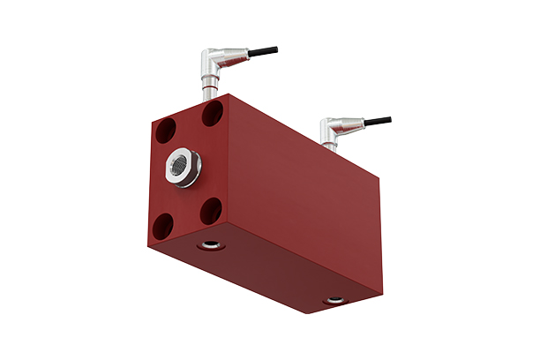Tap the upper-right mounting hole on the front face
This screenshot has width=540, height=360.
tap(212, 113)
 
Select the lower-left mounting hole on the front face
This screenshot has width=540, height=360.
tap(164, 229)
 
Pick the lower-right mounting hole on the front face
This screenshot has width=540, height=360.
tap(209, 210)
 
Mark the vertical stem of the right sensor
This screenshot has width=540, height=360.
tap(326, 143)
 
